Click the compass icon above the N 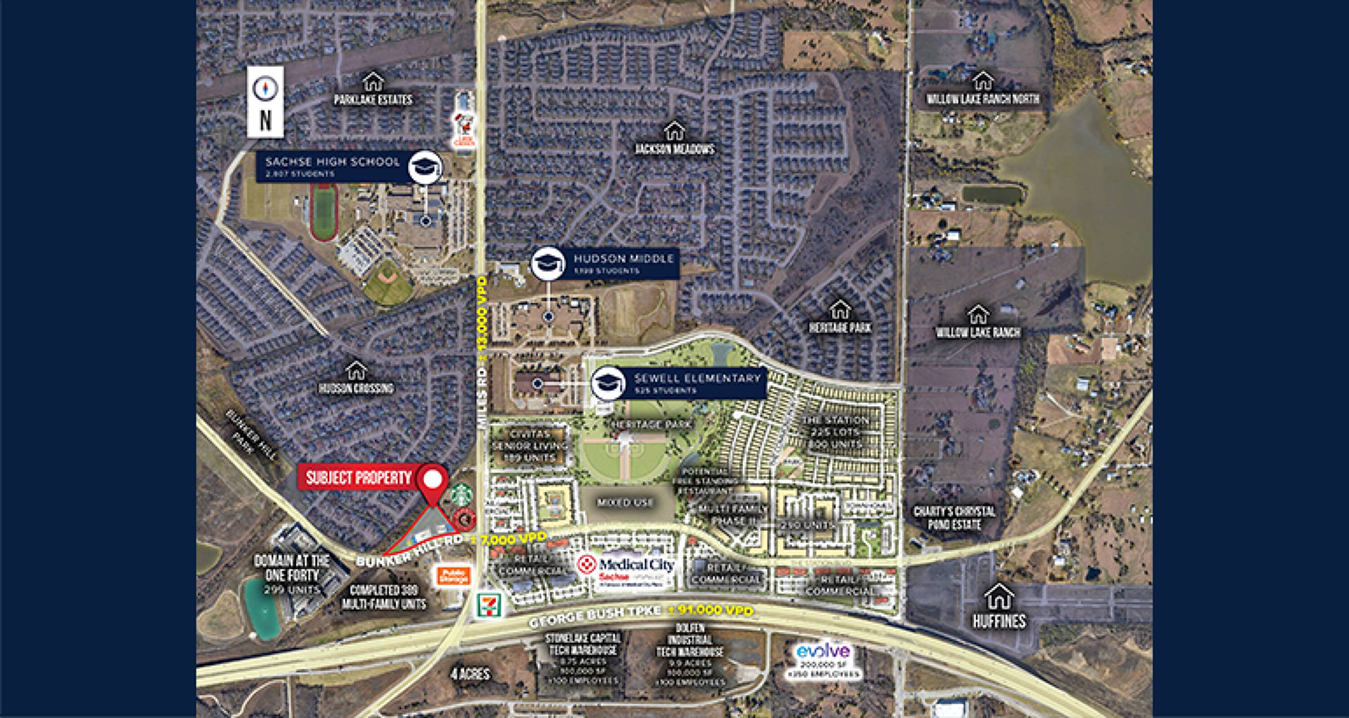pyautogui.click(x=265, y=88)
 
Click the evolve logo pyautogui.click(x=823, y=651)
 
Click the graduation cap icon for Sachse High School pyautogui.click(x=424, y=166)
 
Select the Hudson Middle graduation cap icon pyautogui.click(x=548, y=263)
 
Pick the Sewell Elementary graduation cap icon pyautogui.click(x=608, y=383)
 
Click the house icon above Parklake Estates pyautogui.click(x=373, y=82)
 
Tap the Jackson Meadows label pyautogui.click(x=674, y=149)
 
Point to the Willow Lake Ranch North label pyautogui.click(x=983, y=98)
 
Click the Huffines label pyautogui.click(x=999, y=621)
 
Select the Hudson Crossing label pyautogui.click(x=356, y=388)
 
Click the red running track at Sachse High pyautogui.click(x=324, y=210)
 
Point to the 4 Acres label pyautogui.click(x=470, y=673)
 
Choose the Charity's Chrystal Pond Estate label pyautogui.click(x=954, y=517)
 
